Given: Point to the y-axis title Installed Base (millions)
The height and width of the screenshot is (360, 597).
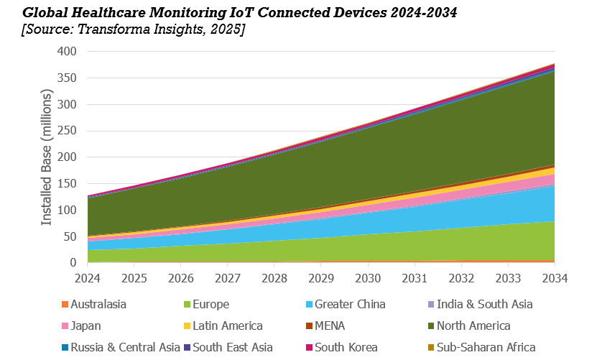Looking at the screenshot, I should click(47, 157).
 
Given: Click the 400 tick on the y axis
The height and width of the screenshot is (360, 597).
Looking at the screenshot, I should click(67, 52).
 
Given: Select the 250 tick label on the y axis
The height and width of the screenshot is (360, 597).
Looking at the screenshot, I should click(67, 131).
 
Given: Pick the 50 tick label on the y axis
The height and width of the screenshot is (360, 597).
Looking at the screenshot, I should click(70, 236).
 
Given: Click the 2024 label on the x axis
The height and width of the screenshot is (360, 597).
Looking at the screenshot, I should click(87, 277).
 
